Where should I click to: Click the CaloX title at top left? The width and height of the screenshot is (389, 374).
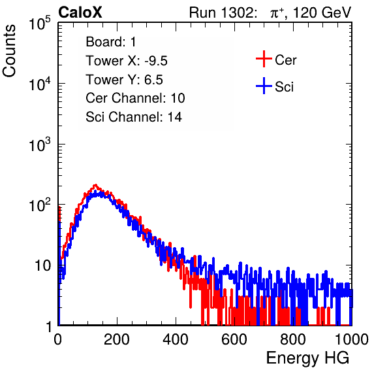coord(80,12)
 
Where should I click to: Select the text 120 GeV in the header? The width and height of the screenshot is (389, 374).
coord(322,12)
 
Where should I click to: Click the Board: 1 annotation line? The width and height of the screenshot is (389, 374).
coord(111,42)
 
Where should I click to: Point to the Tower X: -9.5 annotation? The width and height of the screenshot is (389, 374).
coord(127,61)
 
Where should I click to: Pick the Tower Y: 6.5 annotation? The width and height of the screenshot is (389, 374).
coord(124,80)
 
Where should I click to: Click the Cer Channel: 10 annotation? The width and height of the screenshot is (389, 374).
coord(135,98)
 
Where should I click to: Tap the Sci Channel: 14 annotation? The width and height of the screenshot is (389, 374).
coord(134,117)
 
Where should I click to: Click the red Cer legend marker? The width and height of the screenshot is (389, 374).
coord(264,59)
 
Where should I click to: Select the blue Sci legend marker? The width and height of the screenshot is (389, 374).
coord(264,86)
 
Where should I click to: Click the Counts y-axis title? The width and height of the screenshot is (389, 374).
coord(9,51)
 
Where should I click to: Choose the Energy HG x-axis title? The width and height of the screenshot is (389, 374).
coord(307,358)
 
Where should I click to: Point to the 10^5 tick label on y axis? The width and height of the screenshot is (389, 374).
coord(40,24)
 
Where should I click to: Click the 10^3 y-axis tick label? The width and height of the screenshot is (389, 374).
coord(40,144)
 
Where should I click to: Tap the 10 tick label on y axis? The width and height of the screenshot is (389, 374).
coord(43,265)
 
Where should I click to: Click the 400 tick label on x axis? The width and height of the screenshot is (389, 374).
coord(176,339)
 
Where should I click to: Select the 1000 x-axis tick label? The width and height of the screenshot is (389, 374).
coord(352,339)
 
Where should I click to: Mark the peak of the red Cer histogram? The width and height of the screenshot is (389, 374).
coord(95,185)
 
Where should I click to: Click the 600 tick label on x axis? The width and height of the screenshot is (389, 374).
coord(234,339)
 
